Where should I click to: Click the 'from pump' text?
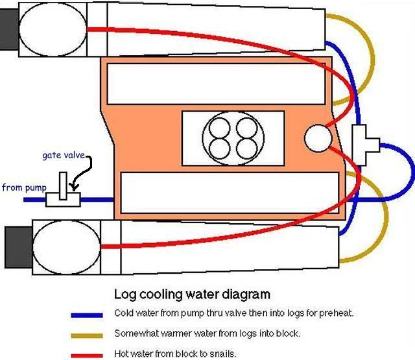[24, 188]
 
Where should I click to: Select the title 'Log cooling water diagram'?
[192, 294]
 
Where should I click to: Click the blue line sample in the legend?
[88, 315]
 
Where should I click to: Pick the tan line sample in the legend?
[88, 335]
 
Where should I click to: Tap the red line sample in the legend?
[88, 355]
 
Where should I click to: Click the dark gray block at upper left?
[9, 29]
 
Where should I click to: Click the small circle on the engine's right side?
[318, 137]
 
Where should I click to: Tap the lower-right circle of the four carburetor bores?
[248, 147]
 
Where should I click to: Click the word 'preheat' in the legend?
[337, 313]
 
